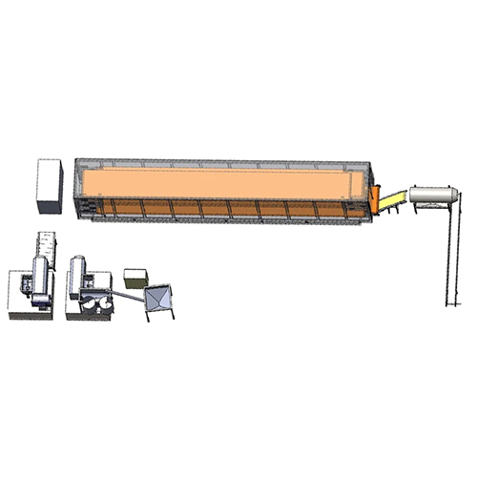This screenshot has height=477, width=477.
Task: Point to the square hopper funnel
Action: click(160, 299)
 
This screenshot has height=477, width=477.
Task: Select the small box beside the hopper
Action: click(135, 278)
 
